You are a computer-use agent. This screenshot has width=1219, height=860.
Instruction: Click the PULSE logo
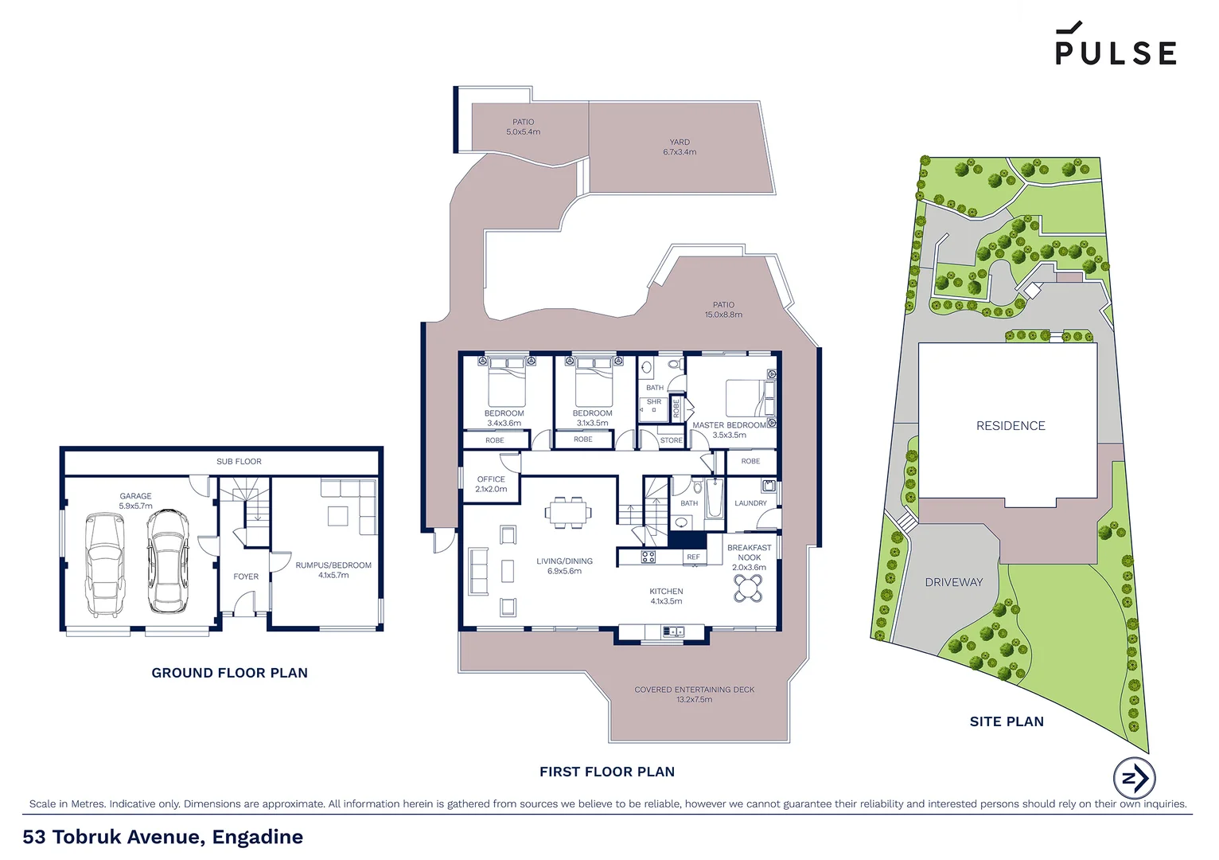(x=1116, y=45)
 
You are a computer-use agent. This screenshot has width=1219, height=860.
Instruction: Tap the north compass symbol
(x=1134, y=778)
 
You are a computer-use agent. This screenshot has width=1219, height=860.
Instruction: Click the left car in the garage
(x=105, y=565)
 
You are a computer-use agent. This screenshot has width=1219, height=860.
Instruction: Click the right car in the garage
(x=167, y=561)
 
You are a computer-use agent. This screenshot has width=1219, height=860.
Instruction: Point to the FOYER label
(x=246, y=577)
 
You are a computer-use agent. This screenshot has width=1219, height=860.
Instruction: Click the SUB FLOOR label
(x=239, y=462)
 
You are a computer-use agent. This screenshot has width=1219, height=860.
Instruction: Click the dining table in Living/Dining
(x=568, y=512)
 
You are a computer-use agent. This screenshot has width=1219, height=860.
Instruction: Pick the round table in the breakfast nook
(x=748, y=588)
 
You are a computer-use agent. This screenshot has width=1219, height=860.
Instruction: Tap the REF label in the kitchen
(x=693, y=557)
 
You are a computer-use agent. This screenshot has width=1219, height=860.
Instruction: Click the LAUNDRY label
(x=750, y=503)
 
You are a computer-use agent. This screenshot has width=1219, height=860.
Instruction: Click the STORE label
(x=671, y=440)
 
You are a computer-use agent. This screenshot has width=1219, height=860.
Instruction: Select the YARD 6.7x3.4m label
(x=680, y=147)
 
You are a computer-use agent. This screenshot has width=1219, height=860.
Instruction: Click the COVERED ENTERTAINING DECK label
(x=694, y=694)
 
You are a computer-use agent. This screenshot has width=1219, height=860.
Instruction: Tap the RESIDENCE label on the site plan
(x=1011, y=426)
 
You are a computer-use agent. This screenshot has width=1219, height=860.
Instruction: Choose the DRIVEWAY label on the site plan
(x=953, y=582)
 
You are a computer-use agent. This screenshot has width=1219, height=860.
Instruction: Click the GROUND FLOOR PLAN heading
(x=229, y=673)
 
